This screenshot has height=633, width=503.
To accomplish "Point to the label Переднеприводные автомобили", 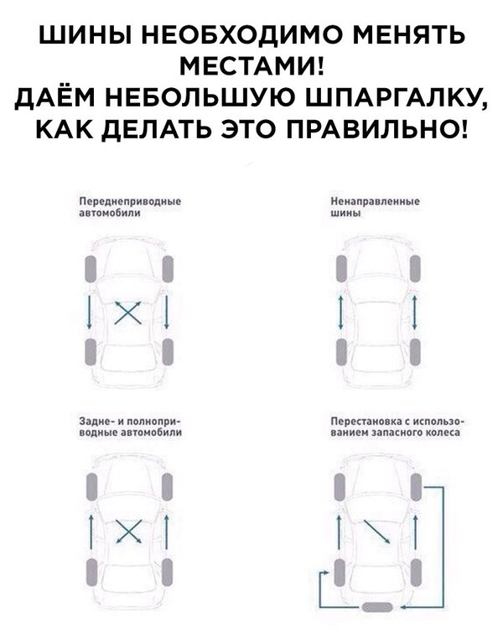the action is click(130, 207).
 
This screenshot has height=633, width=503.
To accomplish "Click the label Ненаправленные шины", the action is click(375, 207).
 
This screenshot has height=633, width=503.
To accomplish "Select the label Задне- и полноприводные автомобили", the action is click(130, 427).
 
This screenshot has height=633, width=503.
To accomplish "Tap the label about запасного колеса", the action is click(397, 427).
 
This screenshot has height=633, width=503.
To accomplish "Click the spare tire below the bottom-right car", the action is click(377, 607).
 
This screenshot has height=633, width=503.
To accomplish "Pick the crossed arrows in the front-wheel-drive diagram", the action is click(128, 313).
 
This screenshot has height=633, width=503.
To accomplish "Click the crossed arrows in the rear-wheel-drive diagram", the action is click(129, 532).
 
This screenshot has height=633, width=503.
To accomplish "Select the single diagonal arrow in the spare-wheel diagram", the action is click(376, 532).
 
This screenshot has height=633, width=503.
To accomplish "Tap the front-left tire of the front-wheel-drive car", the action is click(91, 269).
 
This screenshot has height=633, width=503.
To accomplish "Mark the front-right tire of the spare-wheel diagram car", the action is click(416, 488).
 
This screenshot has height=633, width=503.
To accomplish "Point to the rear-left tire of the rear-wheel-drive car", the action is click(91, 572).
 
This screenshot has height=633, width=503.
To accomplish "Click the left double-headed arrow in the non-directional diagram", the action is click(340, 313).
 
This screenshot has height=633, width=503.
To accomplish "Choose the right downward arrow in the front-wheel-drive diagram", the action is click(166, 312).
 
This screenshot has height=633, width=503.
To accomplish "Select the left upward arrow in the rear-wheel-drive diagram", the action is click(91, 532).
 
